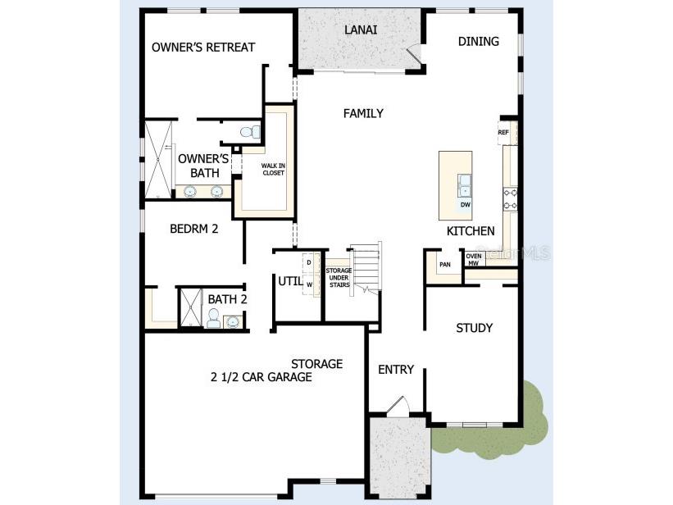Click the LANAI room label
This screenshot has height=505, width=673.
pyautogui.click(x=360, y=30)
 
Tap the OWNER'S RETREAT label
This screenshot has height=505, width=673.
pyautogui.click(x=203, y=48)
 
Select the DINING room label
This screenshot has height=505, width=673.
pyautogui.click(x=478, y=41)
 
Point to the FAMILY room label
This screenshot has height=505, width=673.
pyautogui.click(x=362, y=113)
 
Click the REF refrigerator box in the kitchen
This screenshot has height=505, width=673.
pyautogui.click(x=503, y=132)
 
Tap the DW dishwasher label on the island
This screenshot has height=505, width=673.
pyautogui.click(x=465, y=204)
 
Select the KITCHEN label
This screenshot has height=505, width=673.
pyautogui.click(x=470, y=231)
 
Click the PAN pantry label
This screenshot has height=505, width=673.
pyautogui.click(x=445, y=265)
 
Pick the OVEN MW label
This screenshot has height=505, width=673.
pyautogui.click(x=474, y=260)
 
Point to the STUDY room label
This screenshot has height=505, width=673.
pyautogui.click(x=474, y=328)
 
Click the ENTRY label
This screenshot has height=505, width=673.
pyautogui.click(x=395, y=370)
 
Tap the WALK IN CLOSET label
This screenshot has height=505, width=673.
pyautogui.click(x=273, y=170)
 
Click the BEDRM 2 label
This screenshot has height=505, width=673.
pyautogui.click(x=193, y=229)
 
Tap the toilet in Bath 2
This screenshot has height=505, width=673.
pyautogui.click(x=213, y=320)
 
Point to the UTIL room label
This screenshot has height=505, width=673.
pyautogui.click(x=289, y=281)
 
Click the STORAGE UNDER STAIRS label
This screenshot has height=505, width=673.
pyautogui.click(x=339, y=277)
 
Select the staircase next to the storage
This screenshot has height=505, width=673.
pyautogui.click(x=366, y=266)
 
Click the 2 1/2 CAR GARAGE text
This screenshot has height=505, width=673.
pyautogui.click(x=260, y=377)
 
